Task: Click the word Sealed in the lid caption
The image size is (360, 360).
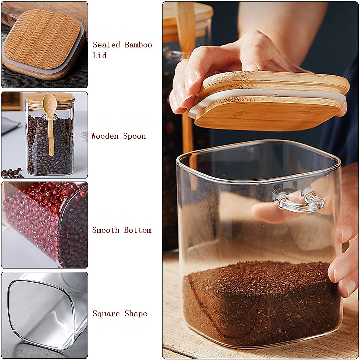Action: (x=106, y=45)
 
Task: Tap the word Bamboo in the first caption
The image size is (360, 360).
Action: (x=138, y=45)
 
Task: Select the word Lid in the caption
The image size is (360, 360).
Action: (x=100, y=55)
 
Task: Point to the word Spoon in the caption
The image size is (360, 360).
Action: (x=134, y=136)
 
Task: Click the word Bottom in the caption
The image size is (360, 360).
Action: (x=137, y=230)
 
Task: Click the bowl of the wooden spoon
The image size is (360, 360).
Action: (x=49, y=102)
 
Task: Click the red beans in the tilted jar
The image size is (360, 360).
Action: (x=36, y=216)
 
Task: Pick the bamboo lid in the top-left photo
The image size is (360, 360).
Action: (x=42, y=39)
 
